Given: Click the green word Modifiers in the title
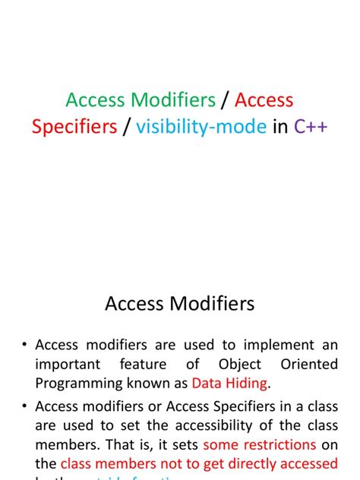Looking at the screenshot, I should [x=173, y=100].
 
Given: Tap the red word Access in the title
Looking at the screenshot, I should [x=264, y=100].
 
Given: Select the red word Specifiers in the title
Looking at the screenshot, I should [x=74, y=127].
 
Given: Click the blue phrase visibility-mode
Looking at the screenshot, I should [x=201, y=127].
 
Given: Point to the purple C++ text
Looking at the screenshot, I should [x=311, y=127].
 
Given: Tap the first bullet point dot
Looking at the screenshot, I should [x=24, y=345].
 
